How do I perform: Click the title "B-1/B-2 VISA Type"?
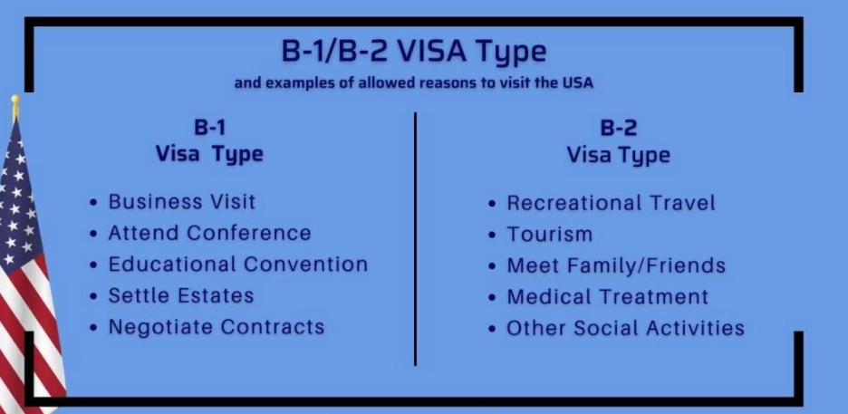click(x=414, y=51)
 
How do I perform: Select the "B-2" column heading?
click(x=619, y=128)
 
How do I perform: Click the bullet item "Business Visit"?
click(x=181, y=201)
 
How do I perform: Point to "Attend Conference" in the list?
click(x=209, y=233)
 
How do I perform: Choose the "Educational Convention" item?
click(x=237, y=265)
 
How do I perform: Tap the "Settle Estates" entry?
click(x=180, y=295)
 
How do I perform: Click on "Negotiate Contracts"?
click(x=216, y=327)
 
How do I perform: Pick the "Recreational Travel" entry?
click(x=611, y=203)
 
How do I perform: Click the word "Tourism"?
click(x=549, y=234)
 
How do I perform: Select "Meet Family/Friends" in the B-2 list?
click(x=616, y=265)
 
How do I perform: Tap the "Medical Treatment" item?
click(x=607, y=296)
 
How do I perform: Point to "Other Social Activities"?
click(x=625, y=328)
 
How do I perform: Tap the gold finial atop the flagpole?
click(x=15, y=105)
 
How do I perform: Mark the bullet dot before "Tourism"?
click(x=492, y=236)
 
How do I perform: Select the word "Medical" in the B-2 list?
click(x=544, y=296)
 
